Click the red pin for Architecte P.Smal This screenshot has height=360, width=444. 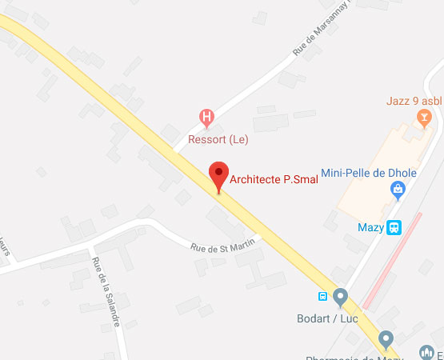click(218, 175)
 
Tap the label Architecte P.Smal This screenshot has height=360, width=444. click(274, 179)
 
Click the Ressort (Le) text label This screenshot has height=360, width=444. click(218, 139)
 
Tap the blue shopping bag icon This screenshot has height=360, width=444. click(396, 190)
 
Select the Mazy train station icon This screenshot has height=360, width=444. click(394, 228)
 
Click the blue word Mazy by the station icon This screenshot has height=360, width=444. click(370, 228)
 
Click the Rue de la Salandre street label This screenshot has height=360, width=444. click(106, 292)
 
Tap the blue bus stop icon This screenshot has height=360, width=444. click(323, 296)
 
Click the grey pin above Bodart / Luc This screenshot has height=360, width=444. click(341, 297)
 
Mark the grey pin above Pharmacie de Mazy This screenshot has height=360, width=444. click(386, 339)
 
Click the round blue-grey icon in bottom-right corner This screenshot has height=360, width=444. click(426, 353)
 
